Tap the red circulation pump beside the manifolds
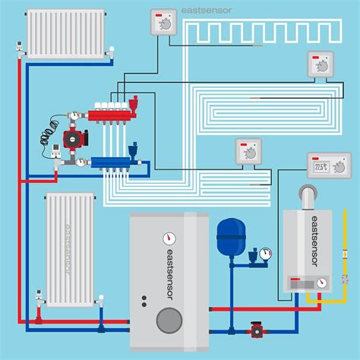click(x=74, y=138)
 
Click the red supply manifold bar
click(x=114, y=116)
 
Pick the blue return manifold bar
click(x=114, y=161)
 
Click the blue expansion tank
click(x=228, y=238)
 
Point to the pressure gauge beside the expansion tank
click(x=264, y=254)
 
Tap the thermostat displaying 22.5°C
click(x=329, y=165)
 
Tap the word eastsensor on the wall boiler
click(x=312, y=242)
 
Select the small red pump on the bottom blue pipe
click(x=256, y=332)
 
